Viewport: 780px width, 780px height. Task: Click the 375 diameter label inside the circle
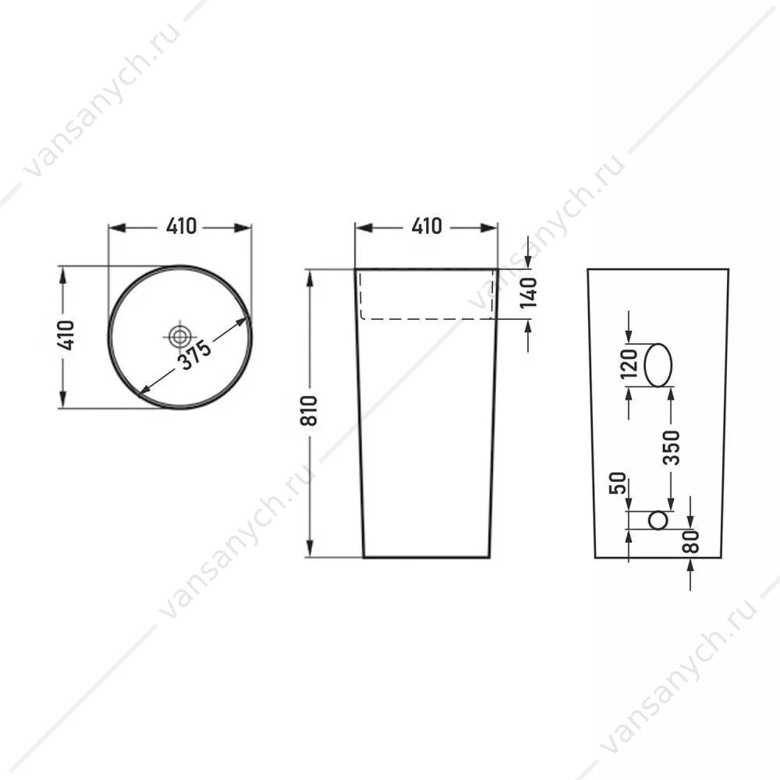(x=196, y=355)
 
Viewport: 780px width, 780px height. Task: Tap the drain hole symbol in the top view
(x=178, y=336)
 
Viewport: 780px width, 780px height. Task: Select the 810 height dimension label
(x=309, y=411)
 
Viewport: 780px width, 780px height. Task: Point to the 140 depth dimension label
(x=529, y=293)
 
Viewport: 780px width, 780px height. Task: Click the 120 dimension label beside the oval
(x=629, y=363)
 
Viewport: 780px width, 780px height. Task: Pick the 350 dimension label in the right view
(x=671, y=448)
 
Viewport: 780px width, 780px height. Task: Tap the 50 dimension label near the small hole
(x=617, y=483)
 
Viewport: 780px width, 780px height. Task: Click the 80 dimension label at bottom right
(x=691, y=542)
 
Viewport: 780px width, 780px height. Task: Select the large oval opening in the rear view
(x=658, y=364)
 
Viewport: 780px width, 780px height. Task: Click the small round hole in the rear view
(x=658, y=520)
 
